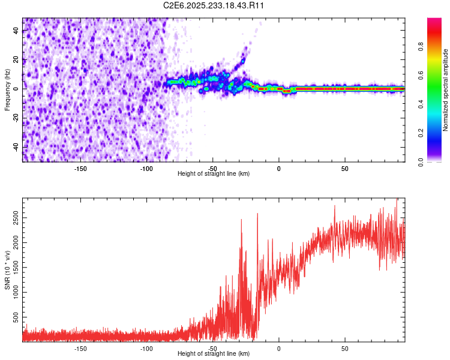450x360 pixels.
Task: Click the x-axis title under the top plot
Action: pyautogui.click(x=214, y=173)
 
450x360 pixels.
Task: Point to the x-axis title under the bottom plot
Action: pyautogui.click(x=214, y=353)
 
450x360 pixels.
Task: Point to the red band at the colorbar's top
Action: pyautogui.click(x=434, y=23)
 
